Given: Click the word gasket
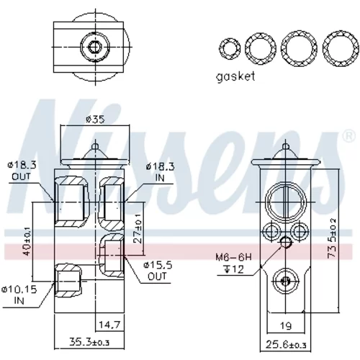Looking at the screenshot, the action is point(235,77).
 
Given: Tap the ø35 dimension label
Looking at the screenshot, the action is point(95,120).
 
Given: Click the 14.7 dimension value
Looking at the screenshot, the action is point(109,325).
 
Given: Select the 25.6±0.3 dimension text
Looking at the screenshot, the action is point(286,345).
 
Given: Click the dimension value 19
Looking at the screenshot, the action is point(286,325).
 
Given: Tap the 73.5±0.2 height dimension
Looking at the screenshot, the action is point(331,238).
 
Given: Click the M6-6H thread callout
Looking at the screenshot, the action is point(233,258).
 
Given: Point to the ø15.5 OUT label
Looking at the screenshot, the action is point(158,271).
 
